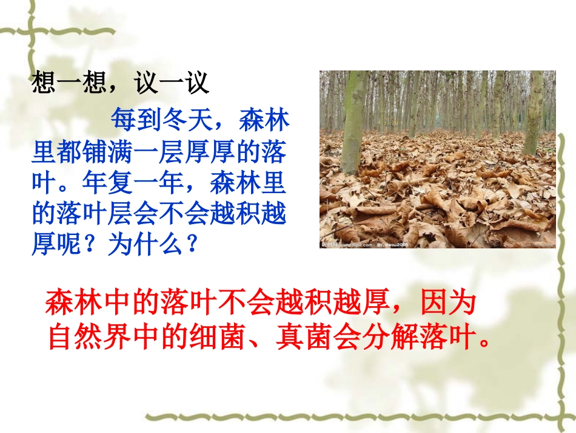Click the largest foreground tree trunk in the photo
354,121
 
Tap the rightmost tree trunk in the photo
534,112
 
